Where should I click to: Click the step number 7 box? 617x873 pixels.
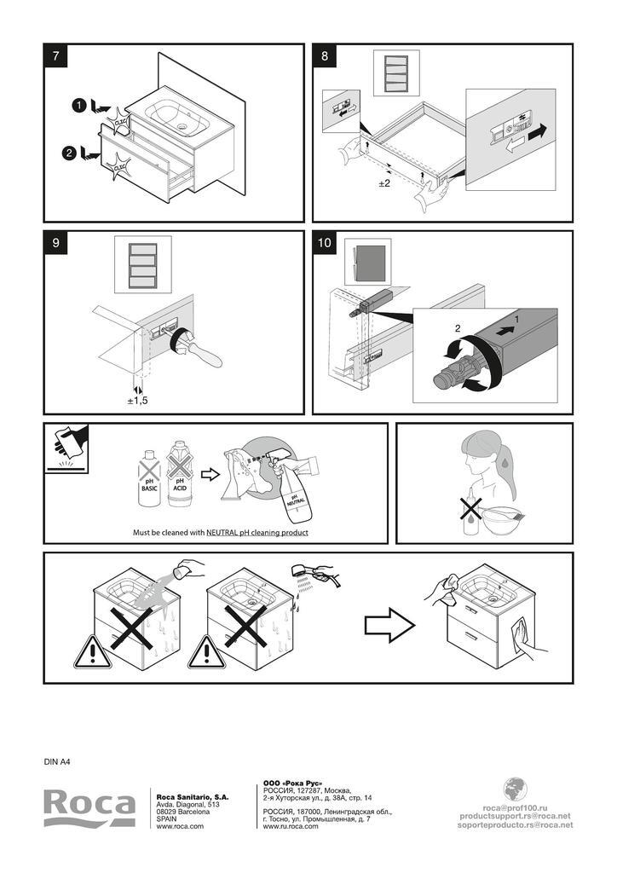tap(55, 56)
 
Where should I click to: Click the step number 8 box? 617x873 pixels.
tap(325, 56)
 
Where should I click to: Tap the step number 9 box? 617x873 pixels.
tap(55, 243)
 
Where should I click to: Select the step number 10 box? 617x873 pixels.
tap(325, 243)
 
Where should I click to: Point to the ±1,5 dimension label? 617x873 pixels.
tap(137, 400)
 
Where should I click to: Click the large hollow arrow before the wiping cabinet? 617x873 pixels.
tap(389, 626)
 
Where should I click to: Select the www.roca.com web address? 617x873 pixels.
tap(180, 826)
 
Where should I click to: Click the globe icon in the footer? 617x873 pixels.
tap(515, 789)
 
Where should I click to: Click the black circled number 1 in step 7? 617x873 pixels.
tap(78, 105)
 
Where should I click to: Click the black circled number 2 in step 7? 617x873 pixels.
tap(69, 153)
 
